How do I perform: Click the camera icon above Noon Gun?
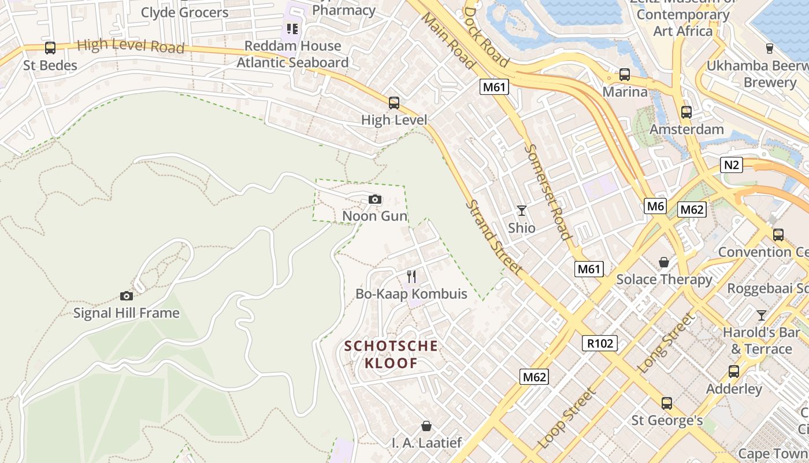coord(375,200)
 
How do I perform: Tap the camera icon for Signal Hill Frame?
coord(127,296)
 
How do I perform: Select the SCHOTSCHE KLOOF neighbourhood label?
coord(391,354)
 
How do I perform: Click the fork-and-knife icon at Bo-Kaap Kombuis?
coord(411,276)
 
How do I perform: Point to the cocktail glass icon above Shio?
coord(522,210)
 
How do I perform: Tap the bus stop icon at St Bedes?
coord(50,48)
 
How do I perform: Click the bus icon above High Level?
coord(394,103)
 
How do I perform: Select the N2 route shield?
coord(732,165)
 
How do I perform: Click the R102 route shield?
coord(600,343)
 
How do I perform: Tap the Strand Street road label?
coord(494,237)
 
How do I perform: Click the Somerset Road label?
coord(548,191)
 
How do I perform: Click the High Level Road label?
coord(130,46)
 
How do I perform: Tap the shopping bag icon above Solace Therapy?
coord(664,262)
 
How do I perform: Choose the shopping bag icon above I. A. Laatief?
coord(426,427)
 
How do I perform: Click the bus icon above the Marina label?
coord(625,75)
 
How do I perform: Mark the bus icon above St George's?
coord(667,403)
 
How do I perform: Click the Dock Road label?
coord(486,38)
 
